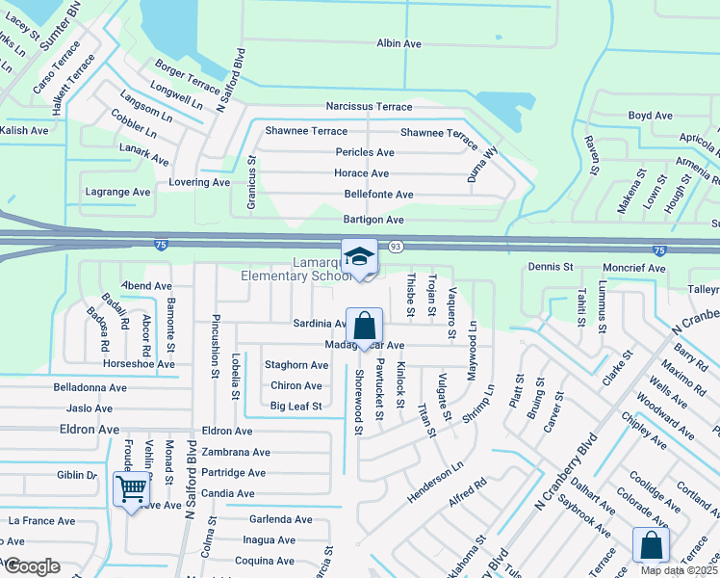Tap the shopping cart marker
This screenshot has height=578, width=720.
tap(131, 488)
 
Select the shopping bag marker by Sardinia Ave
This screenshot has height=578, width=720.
tap(365, 326)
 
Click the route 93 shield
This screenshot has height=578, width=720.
tap(396, 248)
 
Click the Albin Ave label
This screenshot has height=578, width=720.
tap(399, 43)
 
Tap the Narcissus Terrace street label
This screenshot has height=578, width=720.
tap(369, 107)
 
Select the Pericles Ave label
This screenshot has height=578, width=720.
tap(365, 152)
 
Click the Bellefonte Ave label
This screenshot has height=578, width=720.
tap(378, 195)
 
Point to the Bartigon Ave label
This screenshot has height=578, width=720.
tap(373, 220)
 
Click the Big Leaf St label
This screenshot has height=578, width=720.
tap(296, 407)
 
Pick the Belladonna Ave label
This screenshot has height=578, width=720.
tap(90, 387)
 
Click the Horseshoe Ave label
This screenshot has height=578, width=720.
tap(140, 364)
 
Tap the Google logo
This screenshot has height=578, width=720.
tap(32, 566)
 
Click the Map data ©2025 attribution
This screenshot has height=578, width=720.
tap(678, 570)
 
